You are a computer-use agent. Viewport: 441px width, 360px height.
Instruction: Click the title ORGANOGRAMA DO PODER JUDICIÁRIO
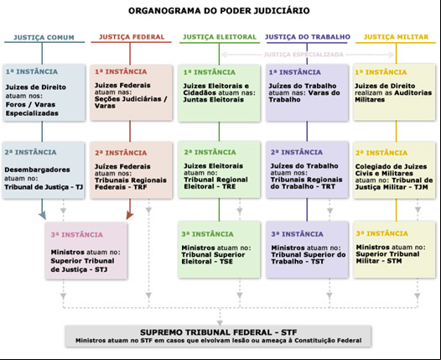coord(219,11)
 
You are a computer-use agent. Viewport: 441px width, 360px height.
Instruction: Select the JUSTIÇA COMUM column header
coord(44,38)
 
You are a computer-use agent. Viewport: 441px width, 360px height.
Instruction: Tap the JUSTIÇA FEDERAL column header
coord(132,37)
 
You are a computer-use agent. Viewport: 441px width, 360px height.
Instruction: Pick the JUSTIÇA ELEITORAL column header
coord(220,37)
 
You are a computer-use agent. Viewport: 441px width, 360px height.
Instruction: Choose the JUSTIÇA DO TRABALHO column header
coord(308,37)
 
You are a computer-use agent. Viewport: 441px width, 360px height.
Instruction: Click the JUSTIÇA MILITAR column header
coord(396,37)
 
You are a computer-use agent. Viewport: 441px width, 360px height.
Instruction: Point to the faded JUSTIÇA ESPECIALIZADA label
coord(304,55)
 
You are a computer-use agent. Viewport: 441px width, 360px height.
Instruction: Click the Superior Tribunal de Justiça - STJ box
coord(86,251)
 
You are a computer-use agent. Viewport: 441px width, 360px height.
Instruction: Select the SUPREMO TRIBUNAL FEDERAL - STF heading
coord(219,332)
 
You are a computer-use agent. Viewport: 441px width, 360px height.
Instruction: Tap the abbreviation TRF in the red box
coord(140,187)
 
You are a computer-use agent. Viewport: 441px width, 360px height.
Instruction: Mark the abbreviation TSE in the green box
coord(226,262)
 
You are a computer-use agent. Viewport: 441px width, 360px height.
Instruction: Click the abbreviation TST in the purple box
coord(318,262)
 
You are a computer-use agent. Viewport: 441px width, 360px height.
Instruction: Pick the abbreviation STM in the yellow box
coord(394,261)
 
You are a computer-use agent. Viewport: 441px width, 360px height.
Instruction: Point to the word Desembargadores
coord(37,170)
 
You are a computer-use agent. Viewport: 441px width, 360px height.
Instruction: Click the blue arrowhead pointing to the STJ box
coord(43,216)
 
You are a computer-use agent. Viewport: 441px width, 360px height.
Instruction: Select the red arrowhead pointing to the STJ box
coord(129,216)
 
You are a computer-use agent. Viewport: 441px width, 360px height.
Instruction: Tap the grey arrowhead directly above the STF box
coord(220,322)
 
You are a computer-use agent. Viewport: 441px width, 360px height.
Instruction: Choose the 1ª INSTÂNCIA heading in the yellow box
coord(381,72)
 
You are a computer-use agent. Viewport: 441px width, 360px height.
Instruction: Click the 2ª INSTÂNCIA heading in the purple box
coord(297,152)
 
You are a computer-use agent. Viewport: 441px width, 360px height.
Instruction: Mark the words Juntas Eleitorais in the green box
coord(214,100)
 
